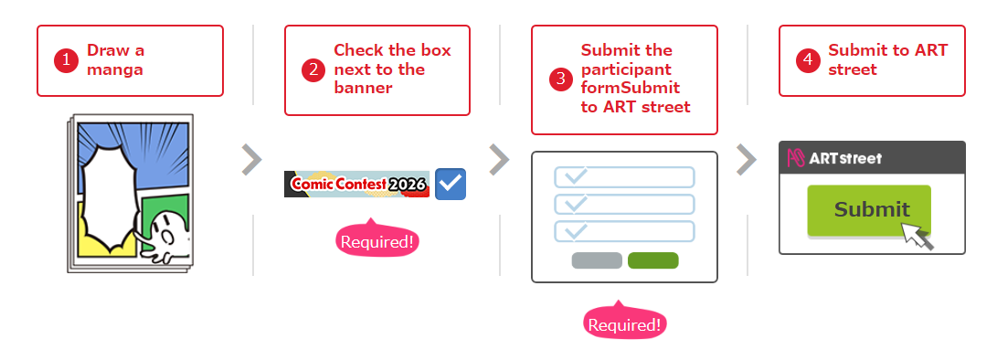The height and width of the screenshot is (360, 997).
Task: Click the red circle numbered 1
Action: tap(66, 60)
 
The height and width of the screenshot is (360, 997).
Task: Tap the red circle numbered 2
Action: tap(313, 70)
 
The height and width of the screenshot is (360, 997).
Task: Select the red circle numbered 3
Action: tap(560, 79)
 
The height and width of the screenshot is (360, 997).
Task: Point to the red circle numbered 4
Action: tap(808, 60)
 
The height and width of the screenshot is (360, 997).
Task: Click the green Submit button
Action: tap(869, 210)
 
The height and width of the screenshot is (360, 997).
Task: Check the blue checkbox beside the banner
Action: tap(451, 184)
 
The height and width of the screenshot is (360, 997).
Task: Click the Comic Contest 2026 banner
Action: tap(357, 184)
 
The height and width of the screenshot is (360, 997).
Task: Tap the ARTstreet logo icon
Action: tap(796, 158)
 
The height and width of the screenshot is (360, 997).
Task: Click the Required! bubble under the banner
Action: tap(377, 240)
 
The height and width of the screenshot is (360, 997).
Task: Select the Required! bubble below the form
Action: tap(624, 323)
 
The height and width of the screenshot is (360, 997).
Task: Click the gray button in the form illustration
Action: tap(597, 260)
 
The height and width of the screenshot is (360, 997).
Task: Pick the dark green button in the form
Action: tap(653, 260)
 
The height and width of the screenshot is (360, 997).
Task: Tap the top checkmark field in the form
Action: tap(624, 177)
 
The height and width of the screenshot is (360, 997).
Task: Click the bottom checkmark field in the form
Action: tap(624, 231)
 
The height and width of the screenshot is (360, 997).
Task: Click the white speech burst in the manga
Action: tap(108, 197)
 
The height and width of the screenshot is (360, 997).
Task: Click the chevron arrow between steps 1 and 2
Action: tap(252, 159)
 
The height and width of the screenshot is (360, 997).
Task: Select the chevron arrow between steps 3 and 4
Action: tap(747, 159)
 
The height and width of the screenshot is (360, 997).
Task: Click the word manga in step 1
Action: tap(115, 69)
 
